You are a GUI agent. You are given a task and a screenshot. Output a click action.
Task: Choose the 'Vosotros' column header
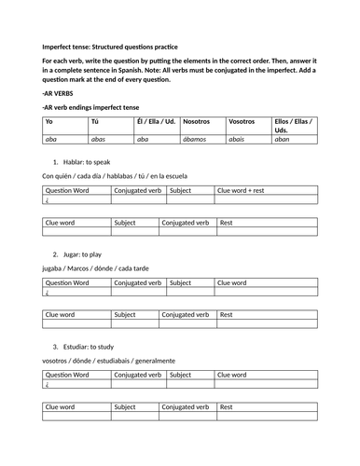(242, 122)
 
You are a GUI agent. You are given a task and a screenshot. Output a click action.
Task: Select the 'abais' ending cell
(241, 139)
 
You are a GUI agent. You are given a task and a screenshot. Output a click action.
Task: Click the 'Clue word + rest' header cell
(241, 190)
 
